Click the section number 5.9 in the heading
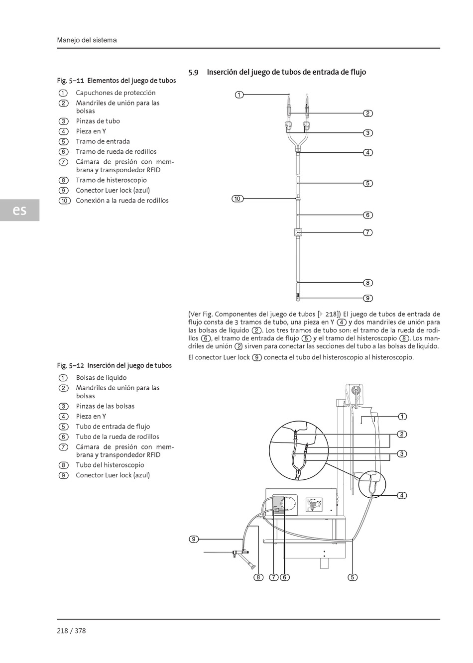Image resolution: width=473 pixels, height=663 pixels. point(193,73)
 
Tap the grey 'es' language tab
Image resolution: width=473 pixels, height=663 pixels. point(19,210)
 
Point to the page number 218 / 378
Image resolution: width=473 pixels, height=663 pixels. point(71,631)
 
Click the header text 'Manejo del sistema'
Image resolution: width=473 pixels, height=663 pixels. point(87,40)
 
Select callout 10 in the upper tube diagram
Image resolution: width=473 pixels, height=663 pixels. point(237,199)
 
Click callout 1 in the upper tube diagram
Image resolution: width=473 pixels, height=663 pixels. point(239,95)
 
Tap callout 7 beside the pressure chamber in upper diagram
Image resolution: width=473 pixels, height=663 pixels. point(367,232)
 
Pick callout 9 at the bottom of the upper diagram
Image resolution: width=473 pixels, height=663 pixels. point(367,298)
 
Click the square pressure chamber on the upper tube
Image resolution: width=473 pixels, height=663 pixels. point(298,232)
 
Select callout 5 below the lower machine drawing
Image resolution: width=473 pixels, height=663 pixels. point(353,577)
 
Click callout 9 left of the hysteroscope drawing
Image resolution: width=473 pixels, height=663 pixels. point(194,539)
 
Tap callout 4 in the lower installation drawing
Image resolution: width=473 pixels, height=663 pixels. point(402,495)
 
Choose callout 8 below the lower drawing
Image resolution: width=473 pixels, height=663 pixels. point(258,577)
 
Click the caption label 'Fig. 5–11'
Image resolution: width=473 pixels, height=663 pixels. point(71,81)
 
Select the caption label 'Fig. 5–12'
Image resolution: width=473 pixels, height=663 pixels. point(71,365)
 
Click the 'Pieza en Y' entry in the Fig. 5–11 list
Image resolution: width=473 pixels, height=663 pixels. point(91,131)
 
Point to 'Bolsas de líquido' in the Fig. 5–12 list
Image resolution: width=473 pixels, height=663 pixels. point(101,378)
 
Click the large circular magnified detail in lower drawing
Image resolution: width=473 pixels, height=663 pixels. point(298,450)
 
